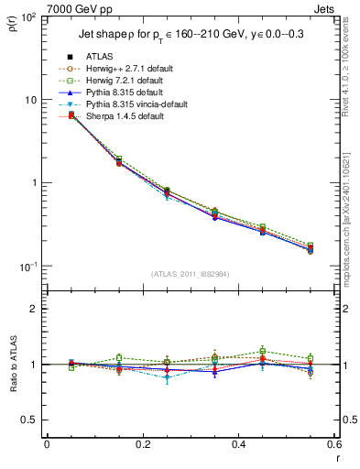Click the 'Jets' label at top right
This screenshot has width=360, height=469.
tap(324, 8)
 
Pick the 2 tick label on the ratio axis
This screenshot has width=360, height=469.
tap(34, 309)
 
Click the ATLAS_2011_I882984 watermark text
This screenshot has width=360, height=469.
tap(190, 274)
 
